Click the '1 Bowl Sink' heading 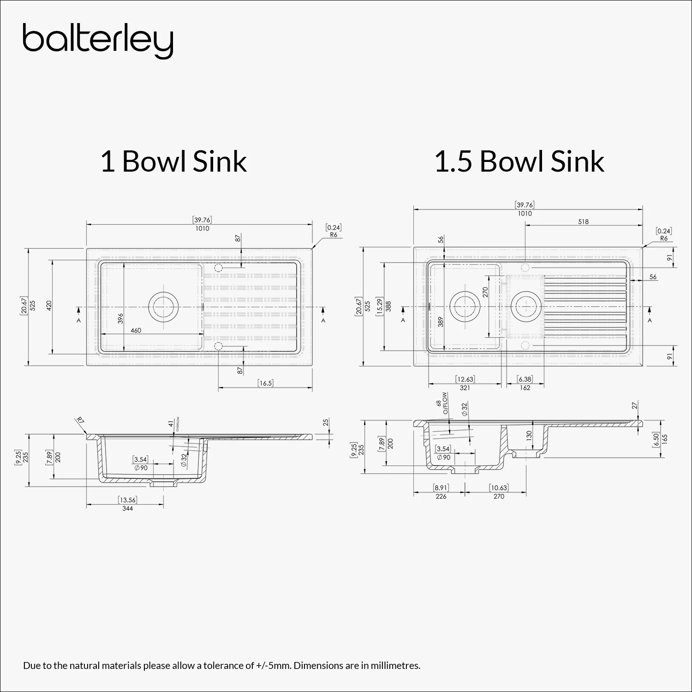(173, 161)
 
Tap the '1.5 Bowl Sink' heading (519, 161)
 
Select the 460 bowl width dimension (136, 330)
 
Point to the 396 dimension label (120, 318)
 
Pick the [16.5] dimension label (265, 383)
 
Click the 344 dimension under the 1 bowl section (127, 508)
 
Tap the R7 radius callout (80, 420)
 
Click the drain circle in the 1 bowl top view (163, 306)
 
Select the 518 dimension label (583, 221)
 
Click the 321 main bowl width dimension (465, 388)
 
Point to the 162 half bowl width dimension (525, 388)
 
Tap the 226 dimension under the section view (441, 496)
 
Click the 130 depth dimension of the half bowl (529, 435)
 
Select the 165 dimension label (665, 438)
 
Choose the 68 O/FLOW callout (441, 403)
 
